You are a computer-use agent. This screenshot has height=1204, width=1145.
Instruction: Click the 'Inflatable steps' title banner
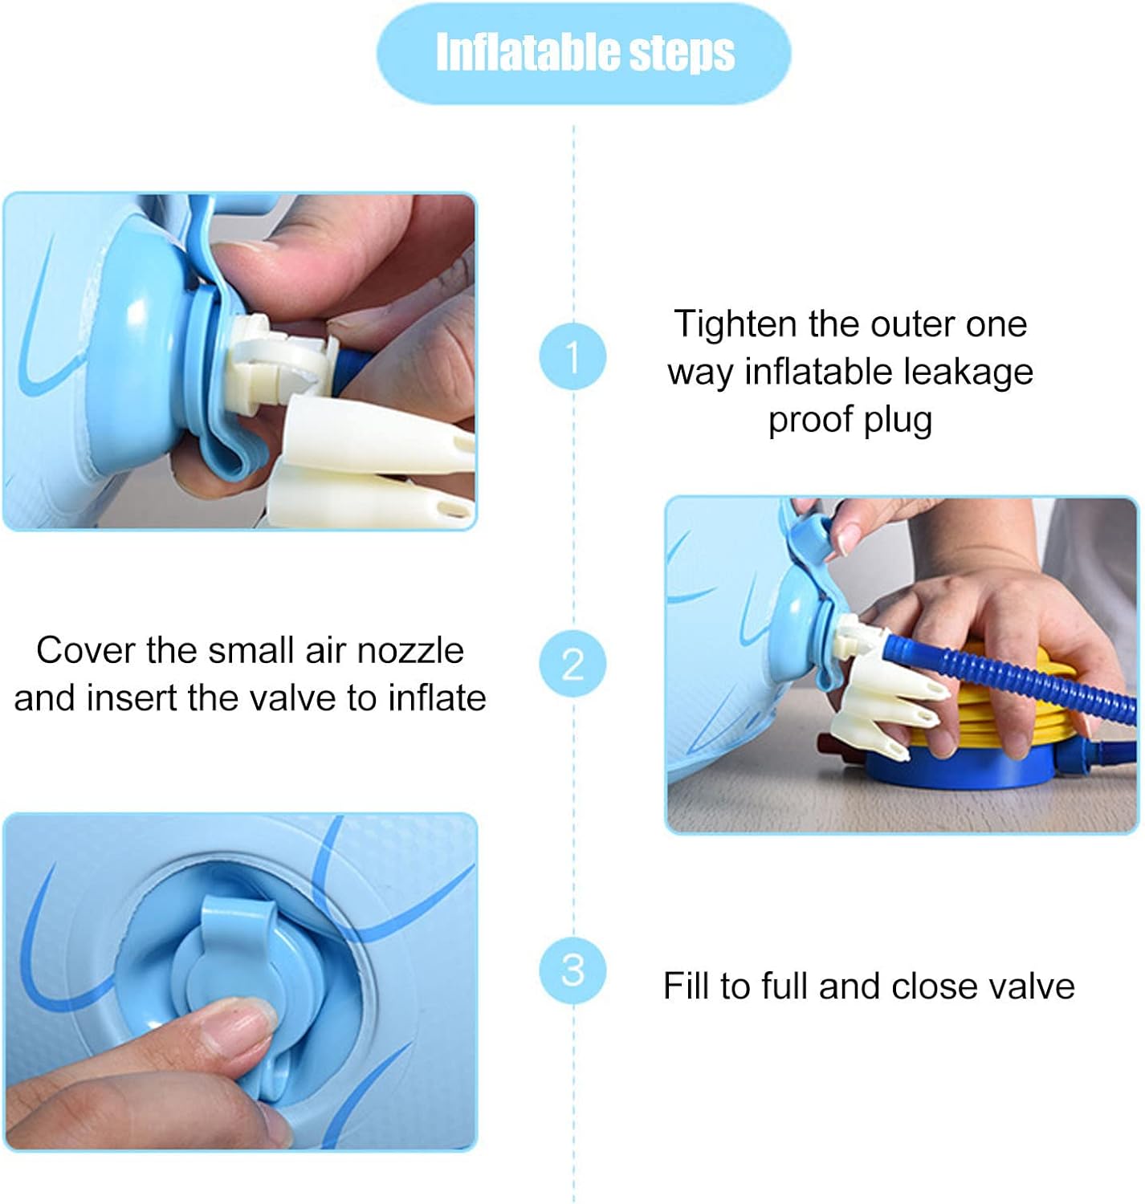[583, 53]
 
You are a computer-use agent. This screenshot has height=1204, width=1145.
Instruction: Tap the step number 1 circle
[572, 356]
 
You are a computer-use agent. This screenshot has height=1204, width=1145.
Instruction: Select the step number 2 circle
[572, 663]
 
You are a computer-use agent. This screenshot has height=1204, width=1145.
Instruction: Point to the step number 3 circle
[572, 970]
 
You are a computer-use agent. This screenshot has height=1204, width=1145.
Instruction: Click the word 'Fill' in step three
[687, 986]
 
